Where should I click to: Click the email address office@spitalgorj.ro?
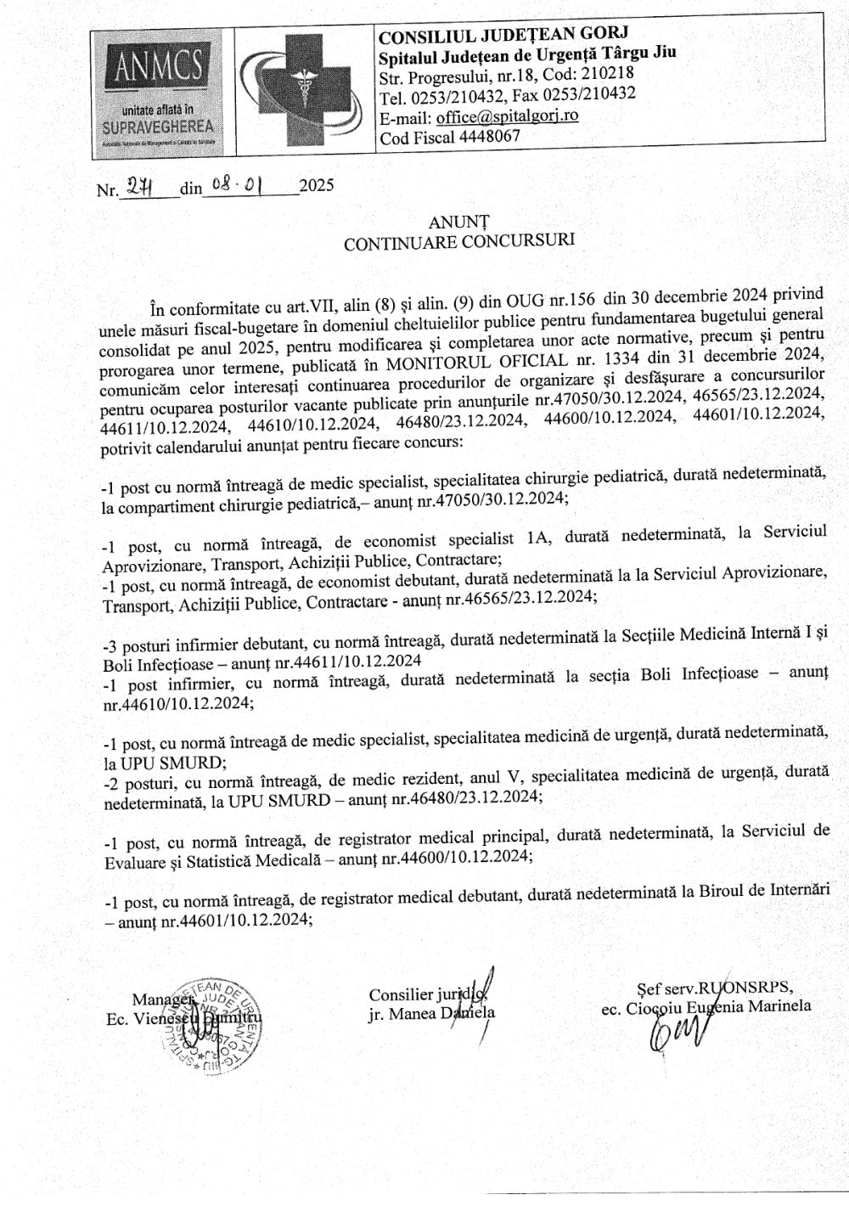point(507,115)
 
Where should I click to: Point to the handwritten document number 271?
point(136,187)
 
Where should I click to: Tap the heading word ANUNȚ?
point(459,222)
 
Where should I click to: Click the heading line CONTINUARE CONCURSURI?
point(458,241)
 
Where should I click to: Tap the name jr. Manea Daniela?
point(431,1013)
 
